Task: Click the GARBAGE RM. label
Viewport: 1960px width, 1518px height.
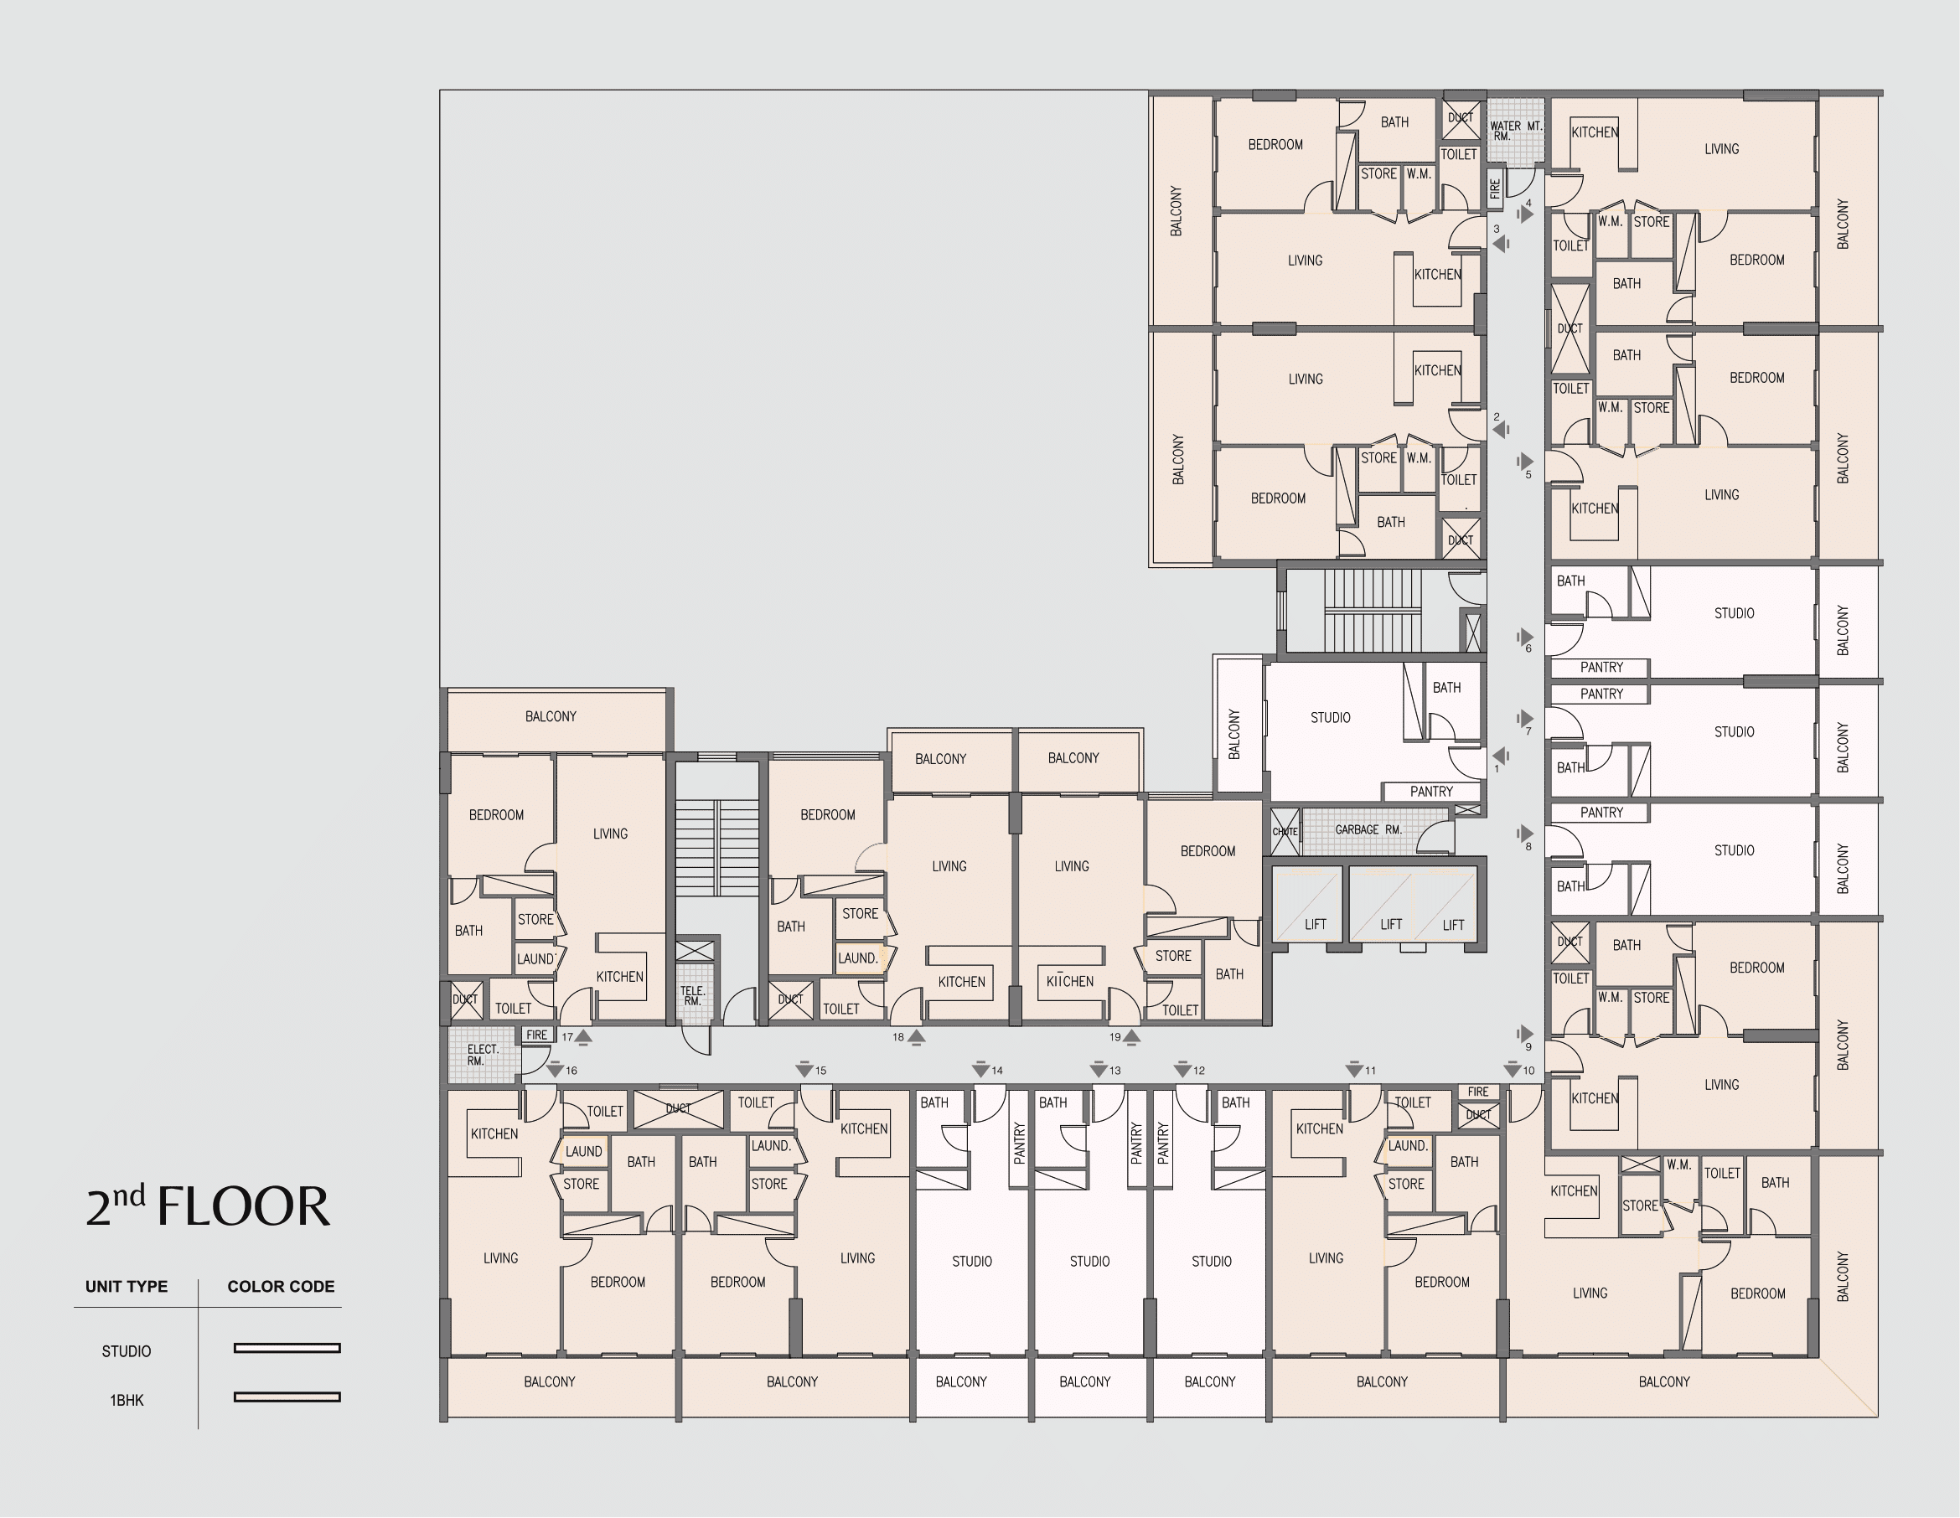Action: [1368, 830]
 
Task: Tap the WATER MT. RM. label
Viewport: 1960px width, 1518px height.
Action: [1516, 130]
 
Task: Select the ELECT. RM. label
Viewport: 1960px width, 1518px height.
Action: [482, 1055]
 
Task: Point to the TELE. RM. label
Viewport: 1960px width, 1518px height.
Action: [692, 996]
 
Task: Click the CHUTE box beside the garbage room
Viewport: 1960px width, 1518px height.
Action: [1285, 832]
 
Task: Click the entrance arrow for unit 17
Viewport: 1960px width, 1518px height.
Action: [583, 1038]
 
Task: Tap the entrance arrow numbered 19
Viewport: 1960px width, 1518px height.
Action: [1131, 1038]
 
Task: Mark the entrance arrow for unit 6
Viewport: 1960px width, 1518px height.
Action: [1525, 637]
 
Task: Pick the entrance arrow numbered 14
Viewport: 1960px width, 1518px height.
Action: [981, 1070]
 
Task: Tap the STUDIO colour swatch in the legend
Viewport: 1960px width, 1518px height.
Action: [287, 1348]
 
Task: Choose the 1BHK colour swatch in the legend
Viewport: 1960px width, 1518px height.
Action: [287, 1397]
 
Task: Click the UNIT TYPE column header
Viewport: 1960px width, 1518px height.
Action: [127, 1287]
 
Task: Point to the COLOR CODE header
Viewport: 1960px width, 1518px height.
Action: [281, 1287]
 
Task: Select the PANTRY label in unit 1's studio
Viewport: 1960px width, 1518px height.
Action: [1430, 792]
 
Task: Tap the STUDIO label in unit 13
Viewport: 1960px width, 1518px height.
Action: [1089, 1262]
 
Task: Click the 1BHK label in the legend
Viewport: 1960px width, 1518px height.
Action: [127, 1401]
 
